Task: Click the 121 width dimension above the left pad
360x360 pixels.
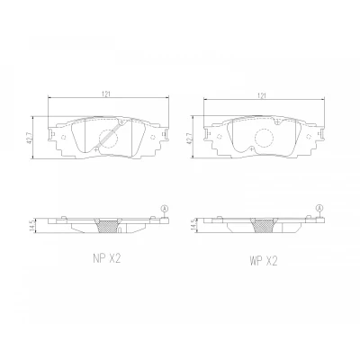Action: point(108,94)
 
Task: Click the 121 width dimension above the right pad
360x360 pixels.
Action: point(262,95)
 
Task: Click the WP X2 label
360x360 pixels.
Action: point(262,261)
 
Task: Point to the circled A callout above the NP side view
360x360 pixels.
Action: point(164,208)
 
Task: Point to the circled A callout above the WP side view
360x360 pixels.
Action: point(320,208)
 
